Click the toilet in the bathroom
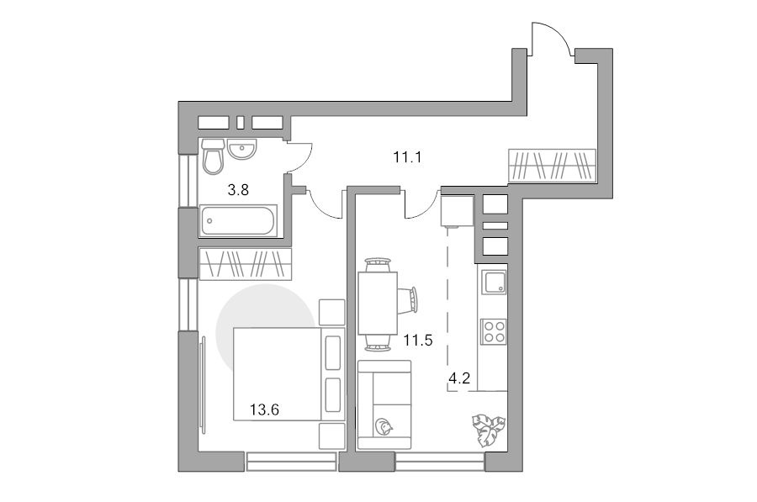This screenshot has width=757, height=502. click(213, 156)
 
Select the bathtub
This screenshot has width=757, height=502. click(238, 221)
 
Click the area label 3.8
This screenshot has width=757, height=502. click(238, 190)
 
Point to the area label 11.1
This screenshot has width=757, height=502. click(407, 157)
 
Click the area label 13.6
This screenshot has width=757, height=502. click(264, 410)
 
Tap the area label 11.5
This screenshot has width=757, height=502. click(418, 341)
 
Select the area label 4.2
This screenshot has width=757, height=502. click(459, 378)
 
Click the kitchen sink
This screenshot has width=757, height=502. click(493, 283)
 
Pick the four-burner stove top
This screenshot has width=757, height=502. click(493, 331)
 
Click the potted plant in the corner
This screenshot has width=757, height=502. click(489, 430)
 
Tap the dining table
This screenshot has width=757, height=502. click(378, 303)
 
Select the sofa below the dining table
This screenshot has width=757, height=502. click(384, 405)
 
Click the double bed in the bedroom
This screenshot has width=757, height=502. click(289, 374)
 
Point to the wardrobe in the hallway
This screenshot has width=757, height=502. click(553, 165)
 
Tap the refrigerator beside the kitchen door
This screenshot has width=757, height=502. click(457, 210)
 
